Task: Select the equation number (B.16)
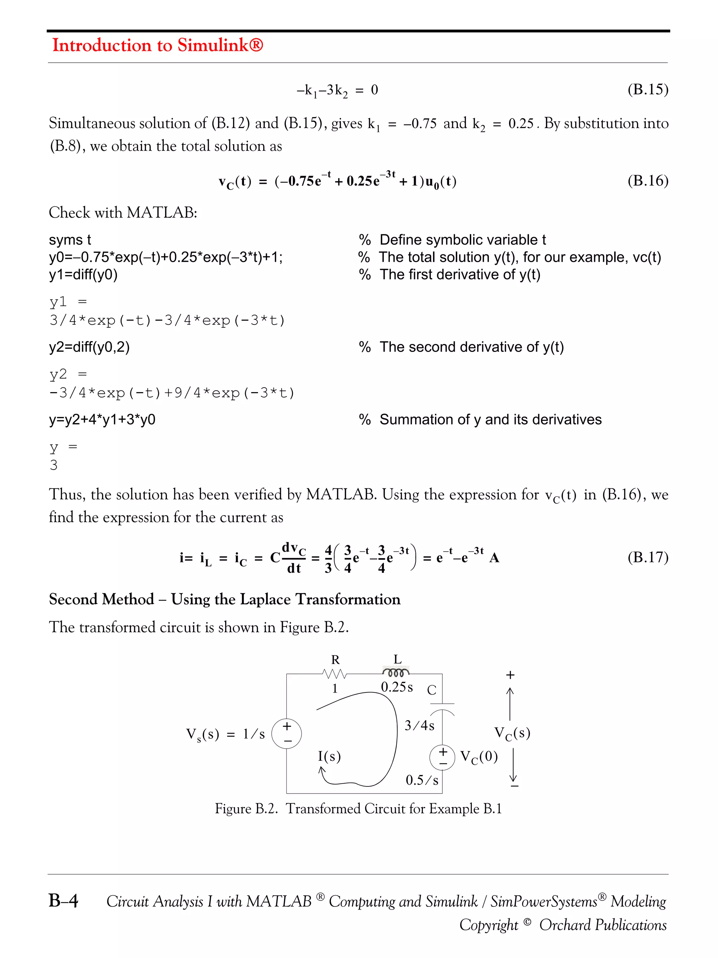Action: click(648, 180)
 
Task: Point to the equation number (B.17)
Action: click(648, 557)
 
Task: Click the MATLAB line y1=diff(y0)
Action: click(83, 275)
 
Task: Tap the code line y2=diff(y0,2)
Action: click(89, 347)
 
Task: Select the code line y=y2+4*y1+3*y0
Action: click(102, 419)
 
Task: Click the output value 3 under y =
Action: click(54, 465)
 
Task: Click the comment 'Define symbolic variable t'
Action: click(462, 240)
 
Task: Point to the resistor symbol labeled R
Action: click(334, 674)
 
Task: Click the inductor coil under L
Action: click(395, 672)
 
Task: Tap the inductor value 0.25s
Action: click(397, 687)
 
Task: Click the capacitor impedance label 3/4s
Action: click(419, 725)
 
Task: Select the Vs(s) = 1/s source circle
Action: click(286, 733)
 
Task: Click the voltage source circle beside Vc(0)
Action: click(442, 757)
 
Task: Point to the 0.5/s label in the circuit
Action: click(421, 780)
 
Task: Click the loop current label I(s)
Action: click(329, 756)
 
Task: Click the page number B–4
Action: click(63, 901)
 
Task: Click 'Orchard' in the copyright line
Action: click(565, 925)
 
